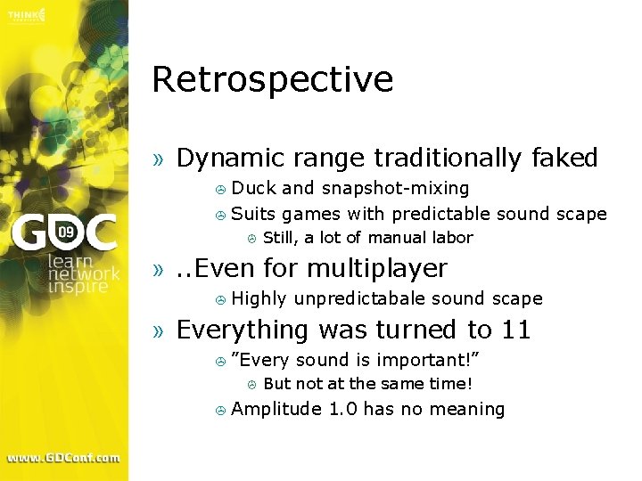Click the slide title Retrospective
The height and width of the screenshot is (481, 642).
pos(272,80)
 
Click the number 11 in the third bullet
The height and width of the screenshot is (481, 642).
pos(516,330)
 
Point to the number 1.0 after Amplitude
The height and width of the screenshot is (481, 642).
pos(343,409)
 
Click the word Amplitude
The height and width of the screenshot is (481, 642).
pos(276,409)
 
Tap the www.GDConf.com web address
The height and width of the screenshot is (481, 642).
pos(63,458)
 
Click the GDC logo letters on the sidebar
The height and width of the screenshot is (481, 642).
pos(63,233)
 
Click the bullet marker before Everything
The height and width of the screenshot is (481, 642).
pos(159,331)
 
